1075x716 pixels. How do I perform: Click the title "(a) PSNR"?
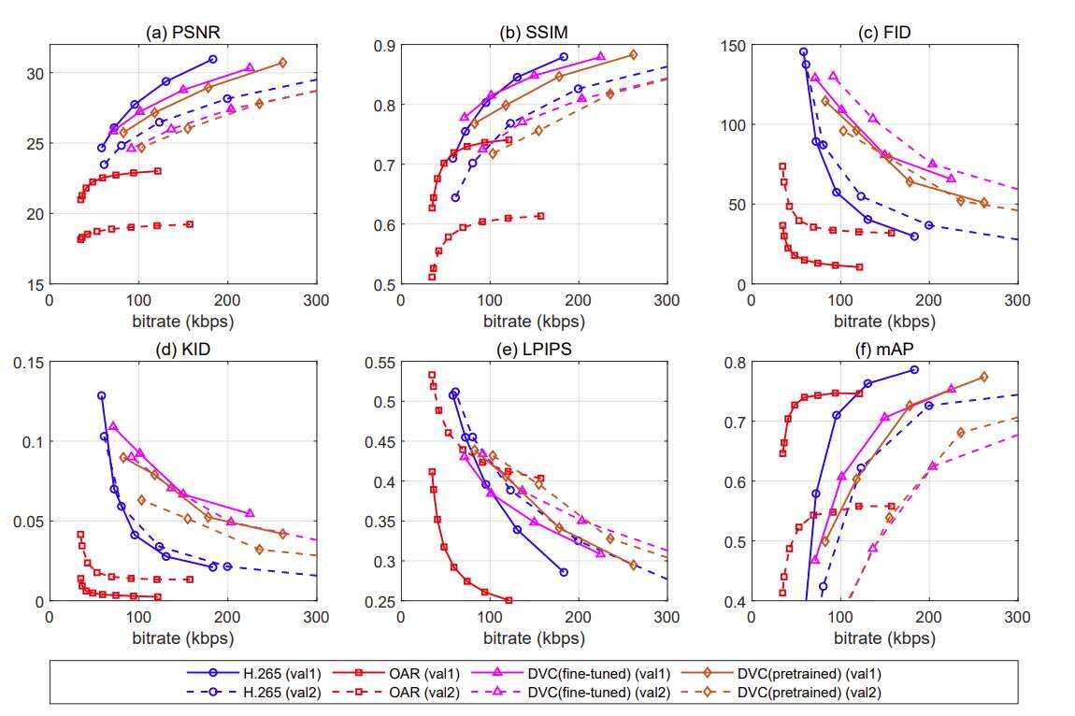(182, 33)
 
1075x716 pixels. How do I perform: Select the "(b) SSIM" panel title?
(533, 33)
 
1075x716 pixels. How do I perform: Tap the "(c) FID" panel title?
(884, 33)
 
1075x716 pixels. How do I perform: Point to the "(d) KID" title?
(182, 351)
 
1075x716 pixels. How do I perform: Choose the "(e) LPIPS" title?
(533, 351)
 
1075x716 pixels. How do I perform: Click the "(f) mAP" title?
(884, 351)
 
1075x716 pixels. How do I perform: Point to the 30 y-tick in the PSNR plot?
(34, 73)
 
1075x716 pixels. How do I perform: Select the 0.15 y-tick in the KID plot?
(28, 363)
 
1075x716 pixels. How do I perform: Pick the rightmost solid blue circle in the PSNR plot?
(213, 59)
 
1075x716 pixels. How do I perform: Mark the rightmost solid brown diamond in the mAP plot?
(983, 377)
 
